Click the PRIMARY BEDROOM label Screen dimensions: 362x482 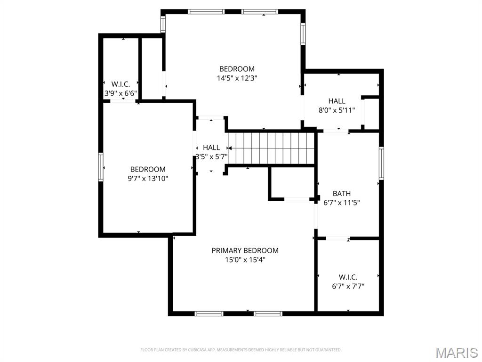[x=245, y=250]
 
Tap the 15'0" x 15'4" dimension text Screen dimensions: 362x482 [x=245, y=259]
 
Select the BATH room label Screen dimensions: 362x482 [x=341, y=193]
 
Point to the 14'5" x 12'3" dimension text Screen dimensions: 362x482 [x=237, y=78]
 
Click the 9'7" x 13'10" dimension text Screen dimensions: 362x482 [x=148, y=179]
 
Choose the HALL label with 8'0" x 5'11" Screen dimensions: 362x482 [x=337, y=101]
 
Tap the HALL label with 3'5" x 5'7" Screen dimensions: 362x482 [x=211, y=148]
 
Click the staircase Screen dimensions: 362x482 [x=271, y=148]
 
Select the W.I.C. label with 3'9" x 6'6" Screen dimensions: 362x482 [x=120, y=84]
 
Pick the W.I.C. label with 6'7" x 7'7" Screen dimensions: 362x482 [x=348, y=277]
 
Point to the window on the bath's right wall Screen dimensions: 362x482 [x=381, y=163]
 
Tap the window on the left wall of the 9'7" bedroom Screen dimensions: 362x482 [x=101, y=167]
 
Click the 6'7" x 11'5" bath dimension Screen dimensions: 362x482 [x=342, y=203]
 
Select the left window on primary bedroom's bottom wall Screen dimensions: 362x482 [x=209, y=313]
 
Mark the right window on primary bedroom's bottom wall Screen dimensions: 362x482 [x=268, y=313]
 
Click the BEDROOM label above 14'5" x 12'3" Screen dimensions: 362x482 [x=237, y=69]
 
